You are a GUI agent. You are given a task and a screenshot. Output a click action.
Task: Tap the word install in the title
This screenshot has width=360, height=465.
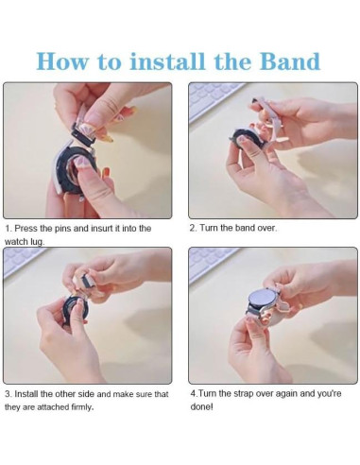coord(167,60)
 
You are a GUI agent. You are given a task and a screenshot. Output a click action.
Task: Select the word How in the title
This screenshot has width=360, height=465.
coord(62,60)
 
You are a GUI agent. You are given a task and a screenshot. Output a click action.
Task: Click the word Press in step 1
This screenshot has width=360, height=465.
coord(26,228)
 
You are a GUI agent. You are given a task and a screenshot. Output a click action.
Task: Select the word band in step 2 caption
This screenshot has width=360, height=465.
coord(245,228)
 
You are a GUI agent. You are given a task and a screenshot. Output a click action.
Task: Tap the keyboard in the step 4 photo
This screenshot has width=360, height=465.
coord(210,264)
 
